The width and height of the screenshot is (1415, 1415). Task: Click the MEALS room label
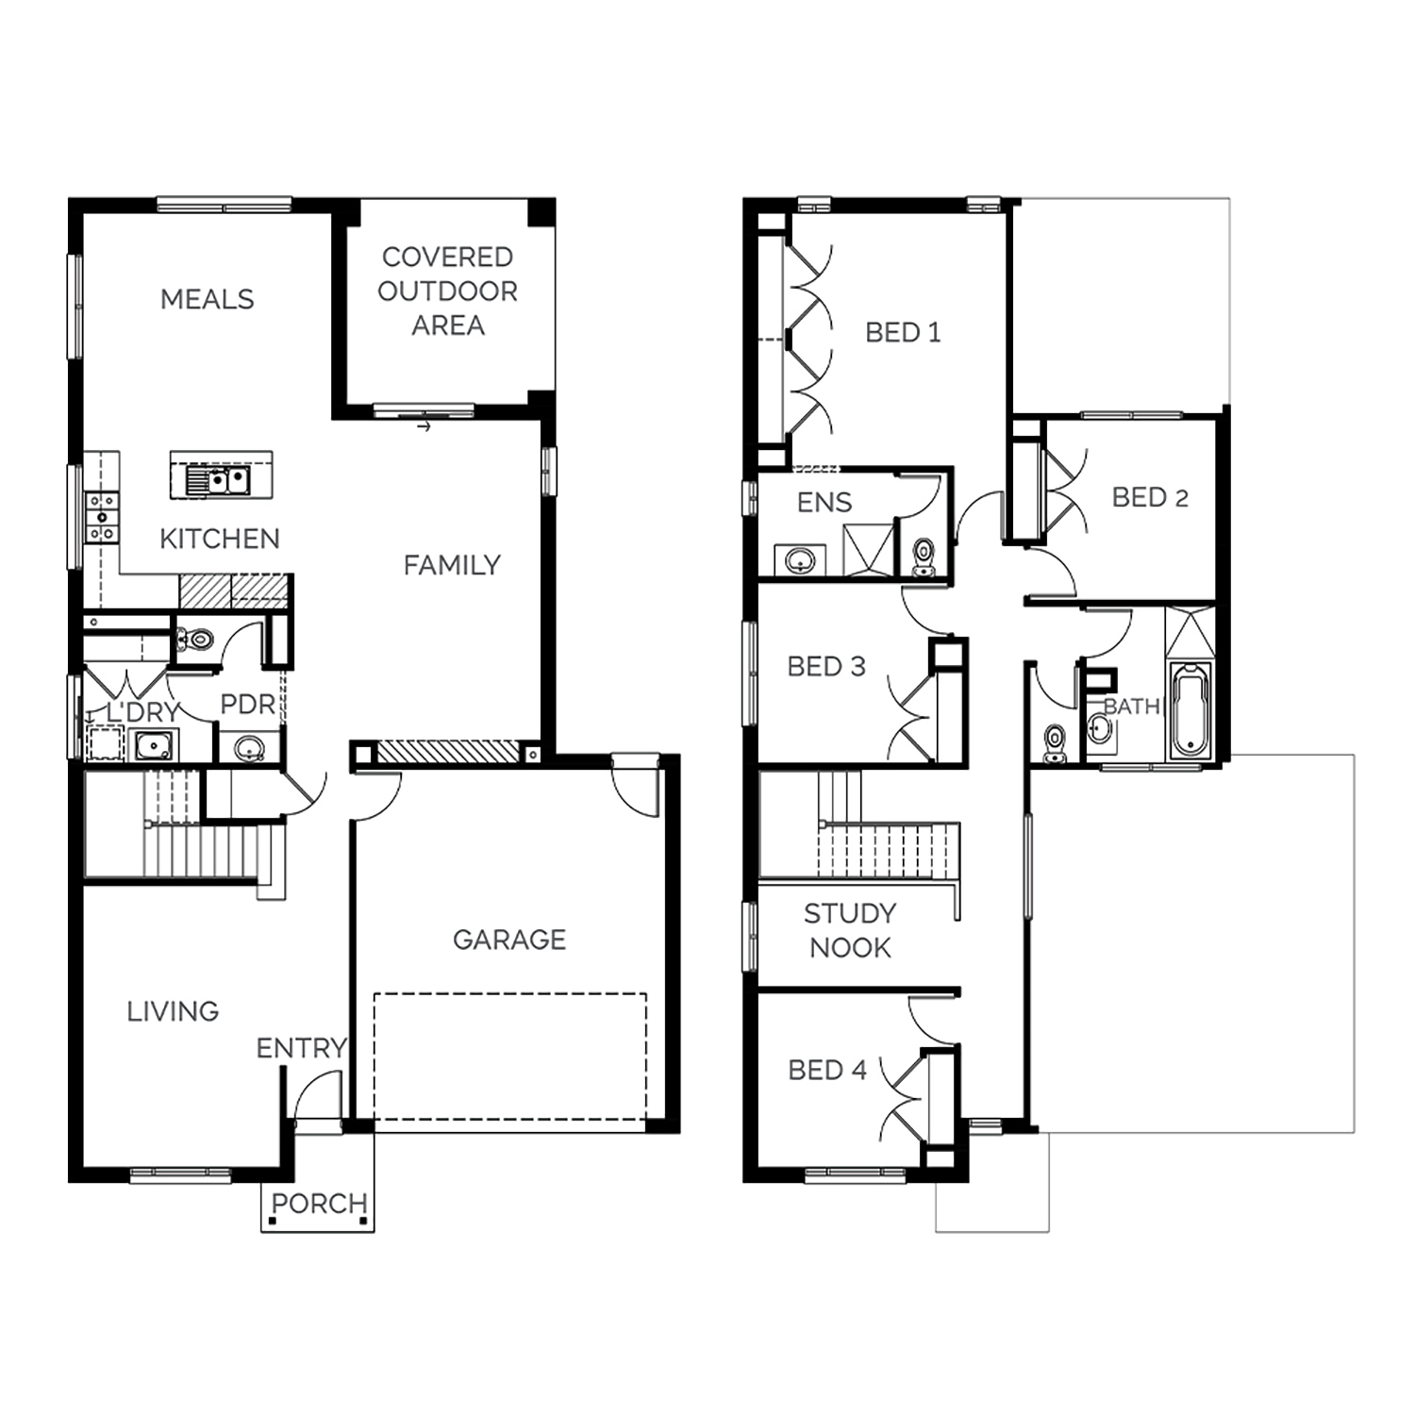point(208,299)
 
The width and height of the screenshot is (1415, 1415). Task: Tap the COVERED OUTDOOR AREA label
point(448,291)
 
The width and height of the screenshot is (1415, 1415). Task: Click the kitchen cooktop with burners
point(101,518)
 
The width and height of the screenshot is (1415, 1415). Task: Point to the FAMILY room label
point(452,565)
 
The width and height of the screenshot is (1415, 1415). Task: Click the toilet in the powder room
point(196,640)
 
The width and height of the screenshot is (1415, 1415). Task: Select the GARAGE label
point(509,940)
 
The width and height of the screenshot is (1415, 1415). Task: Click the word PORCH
point(319,1204)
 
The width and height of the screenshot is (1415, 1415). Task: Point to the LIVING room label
point(174,1011)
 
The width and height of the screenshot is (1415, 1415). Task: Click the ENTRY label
point(302,1048)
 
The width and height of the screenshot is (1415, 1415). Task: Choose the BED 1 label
point(903,332)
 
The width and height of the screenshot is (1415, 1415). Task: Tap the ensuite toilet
point(923,557)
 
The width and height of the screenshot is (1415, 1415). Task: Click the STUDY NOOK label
point(850,930)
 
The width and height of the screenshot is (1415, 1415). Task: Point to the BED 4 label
point(827,1070)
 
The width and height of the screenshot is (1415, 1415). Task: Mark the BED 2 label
point(1150,497)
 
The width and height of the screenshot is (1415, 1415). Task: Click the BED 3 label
point(826,666)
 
